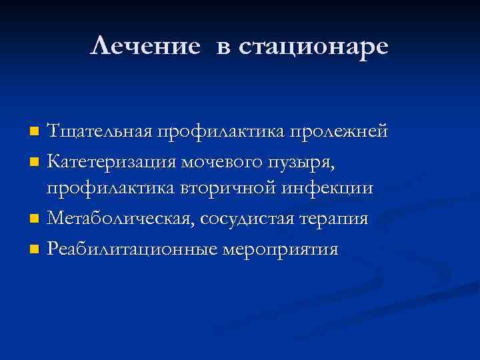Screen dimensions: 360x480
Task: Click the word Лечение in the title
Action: pyautogui.click(x=145, y=46)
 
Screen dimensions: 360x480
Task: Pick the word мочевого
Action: pyautogui.click(x=240, y=161)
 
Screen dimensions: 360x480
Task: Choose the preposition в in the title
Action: pyautogui.click(x=223, y=47)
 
